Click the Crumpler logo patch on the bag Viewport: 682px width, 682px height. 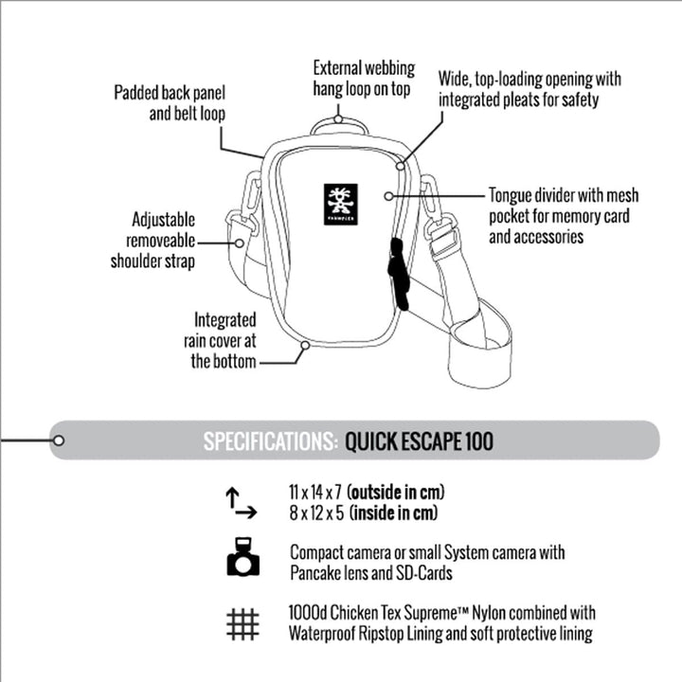click(339, 201)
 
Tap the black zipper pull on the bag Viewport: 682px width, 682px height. click(398, 276)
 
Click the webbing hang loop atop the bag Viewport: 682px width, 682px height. click(339, 123)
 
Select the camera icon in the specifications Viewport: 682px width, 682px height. click(242, 558)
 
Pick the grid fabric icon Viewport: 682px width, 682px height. click(242, 624)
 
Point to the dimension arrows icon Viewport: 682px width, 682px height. click(241, 503)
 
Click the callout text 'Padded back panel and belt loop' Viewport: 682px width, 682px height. click(170, 103)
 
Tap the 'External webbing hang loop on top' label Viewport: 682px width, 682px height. click(364, 78)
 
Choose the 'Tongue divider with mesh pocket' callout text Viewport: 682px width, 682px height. click(563, 216)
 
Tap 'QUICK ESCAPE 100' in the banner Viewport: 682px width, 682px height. click(419, 441)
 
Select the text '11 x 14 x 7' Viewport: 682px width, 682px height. click(315, 493)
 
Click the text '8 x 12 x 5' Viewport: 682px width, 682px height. click(316, 513)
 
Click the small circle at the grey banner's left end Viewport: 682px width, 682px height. click(59, 440)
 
